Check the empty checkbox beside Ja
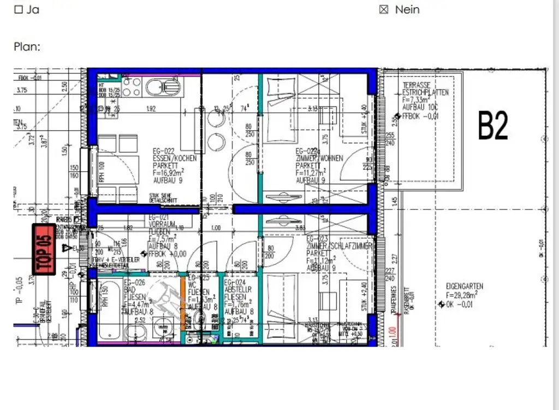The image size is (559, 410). [x=18, y=9]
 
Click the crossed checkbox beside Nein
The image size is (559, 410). [x=384, y=9]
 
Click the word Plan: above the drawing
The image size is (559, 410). [x=27, y=46]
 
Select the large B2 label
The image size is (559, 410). [x=493, y=125]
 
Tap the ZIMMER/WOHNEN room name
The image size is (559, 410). [x=319, y=158]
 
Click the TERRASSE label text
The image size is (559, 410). [x=417, y=86]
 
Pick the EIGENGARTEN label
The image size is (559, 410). [x=464, y=286]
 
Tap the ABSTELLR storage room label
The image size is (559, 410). [x=238, y=291]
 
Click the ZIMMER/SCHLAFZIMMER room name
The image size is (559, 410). [x=338, y=247]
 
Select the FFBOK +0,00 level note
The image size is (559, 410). [x=168, y=254]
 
